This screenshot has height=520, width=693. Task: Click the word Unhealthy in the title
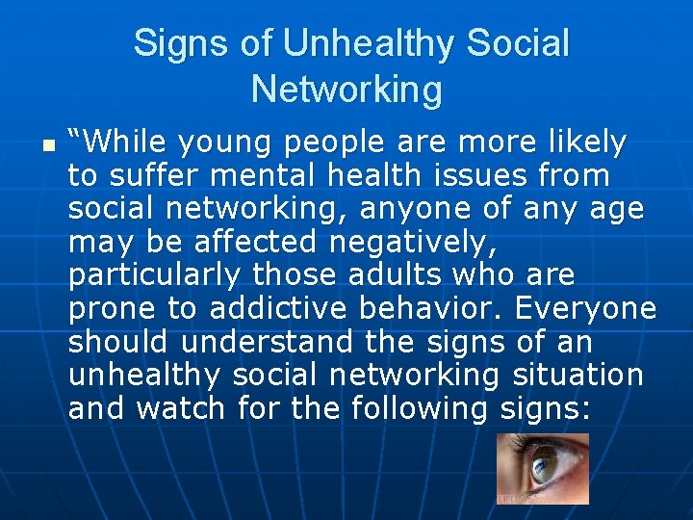coord(370,43)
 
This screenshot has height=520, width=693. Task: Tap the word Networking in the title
coord(346,90)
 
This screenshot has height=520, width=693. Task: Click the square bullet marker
coord(48,146)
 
